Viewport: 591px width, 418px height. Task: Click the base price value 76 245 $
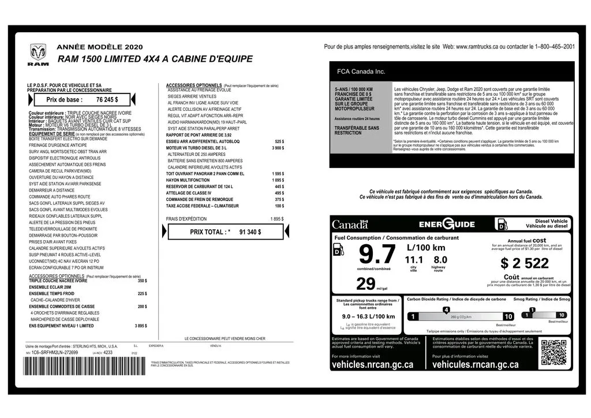tap(107, 99)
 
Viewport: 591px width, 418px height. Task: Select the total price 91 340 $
tap(250, 232)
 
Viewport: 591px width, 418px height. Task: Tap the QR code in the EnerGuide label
tap(553, 353)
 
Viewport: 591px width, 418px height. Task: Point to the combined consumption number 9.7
tap(377, 255)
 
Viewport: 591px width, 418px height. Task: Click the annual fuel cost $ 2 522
tap(525, 263)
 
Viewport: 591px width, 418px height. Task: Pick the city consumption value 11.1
tap(414, 260)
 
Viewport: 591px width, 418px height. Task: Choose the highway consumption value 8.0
tap(440, 260)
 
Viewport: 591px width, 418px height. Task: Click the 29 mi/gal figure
tap(366, 284)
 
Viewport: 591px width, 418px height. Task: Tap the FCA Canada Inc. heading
tap(361, 72)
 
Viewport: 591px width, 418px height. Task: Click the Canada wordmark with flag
tap(350, 224)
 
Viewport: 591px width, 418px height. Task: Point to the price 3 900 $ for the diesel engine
tap(278, 148)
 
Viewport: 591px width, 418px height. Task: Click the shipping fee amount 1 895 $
tap(276, 219)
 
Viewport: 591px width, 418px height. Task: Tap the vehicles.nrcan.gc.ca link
tap(372, 365)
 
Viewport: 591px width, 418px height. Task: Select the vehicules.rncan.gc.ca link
tap(475, 365)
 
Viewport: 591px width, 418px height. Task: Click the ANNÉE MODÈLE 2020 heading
tap(99, 47)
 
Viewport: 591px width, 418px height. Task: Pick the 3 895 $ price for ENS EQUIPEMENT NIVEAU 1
tap(140, 326)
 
